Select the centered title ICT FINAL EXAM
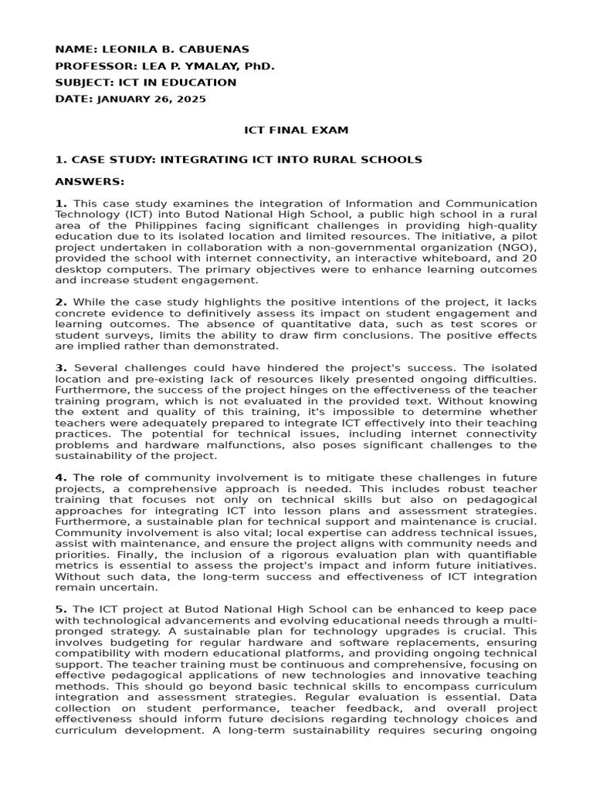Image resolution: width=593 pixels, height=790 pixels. [x=296, y=130]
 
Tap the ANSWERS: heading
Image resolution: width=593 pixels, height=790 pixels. [x=89, y=181]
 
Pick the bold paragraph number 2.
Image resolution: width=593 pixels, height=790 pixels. [x=61, y=302]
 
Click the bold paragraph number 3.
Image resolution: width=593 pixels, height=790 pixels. [x=61, y=368]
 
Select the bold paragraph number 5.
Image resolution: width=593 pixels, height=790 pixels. [x=61, y=609]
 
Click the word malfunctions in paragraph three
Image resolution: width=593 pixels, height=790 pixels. [x=212, y=445]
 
